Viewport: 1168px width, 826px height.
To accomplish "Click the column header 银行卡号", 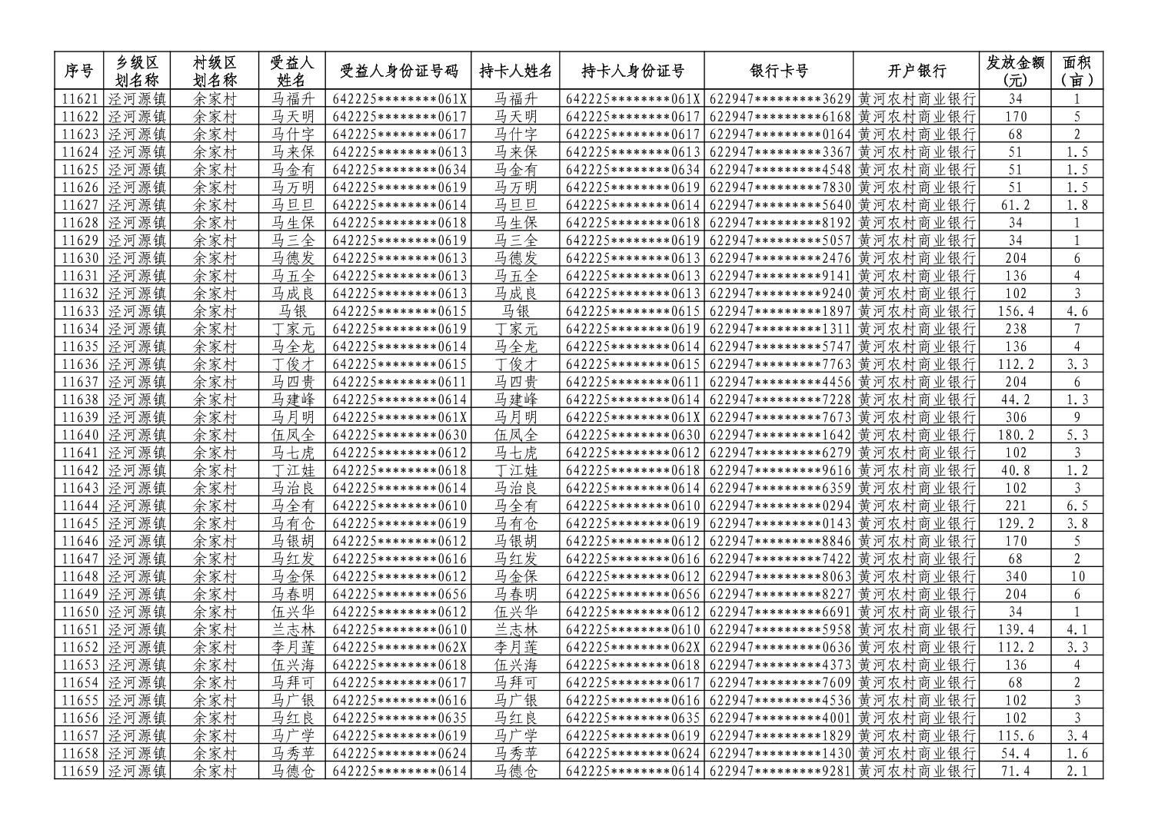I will coord(778,71).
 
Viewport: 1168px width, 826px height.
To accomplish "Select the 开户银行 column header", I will coord(916,71).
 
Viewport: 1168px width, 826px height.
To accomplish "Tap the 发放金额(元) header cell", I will coord(1015,71).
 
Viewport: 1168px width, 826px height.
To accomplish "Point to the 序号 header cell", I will coord(78,71).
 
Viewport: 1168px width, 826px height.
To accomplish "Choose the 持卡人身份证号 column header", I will coord(632,71).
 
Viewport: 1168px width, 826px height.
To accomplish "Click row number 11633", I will coord(79,311).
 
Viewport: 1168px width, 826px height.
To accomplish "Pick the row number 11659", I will coord(79,771).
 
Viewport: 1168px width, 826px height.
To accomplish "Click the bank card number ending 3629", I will coord(779,99).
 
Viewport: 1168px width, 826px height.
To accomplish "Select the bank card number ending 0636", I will coord(779,647).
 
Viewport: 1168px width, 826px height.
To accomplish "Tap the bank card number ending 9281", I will coord(779,771).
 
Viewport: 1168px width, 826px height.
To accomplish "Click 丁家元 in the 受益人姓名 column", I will coord(293,329).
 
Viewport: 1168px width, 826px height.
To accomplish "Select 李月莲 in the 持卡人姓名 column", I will coord(515,647).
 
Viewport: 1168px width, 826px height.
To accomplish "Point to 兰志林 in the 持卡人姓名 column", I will coord(515,629).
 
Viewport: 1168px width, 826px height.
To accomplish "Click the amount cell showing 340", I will coord(1015,576).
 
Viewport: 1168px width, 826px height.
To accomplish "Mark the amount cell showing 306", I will coord(1015,417).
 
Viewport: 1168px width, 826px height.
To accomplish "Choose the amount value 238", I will coord(1015,329).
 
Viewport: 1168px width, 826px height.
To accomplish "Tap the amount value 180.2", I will coord(1015,435).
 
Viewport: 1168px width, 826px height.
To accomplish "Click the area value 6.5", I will coord(1076,506).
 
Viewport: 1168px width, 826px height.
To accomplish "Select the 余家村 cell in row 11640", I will coord(215,435).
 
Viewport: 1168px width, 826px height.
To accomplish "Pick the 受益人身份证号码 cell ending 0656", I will coord(399,594).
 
